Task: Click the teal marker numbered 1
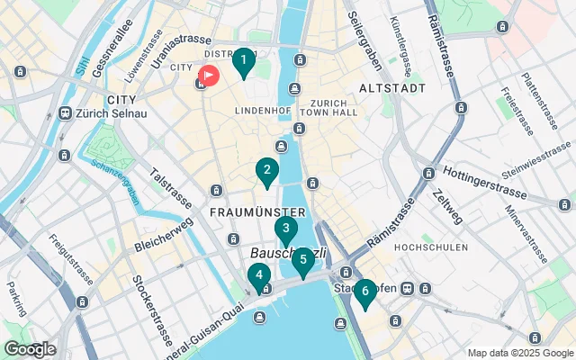coord(242,63)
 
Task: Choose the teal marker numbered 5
coord(302,262)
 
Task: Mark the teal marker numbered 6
coord(364,292)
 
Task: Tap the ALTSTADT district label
coord(391,88)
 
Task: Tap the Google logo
coord(30,349)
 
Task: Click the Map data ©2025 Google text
coord(520,353)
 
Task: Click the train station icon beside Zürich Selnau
coord(65,113)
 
